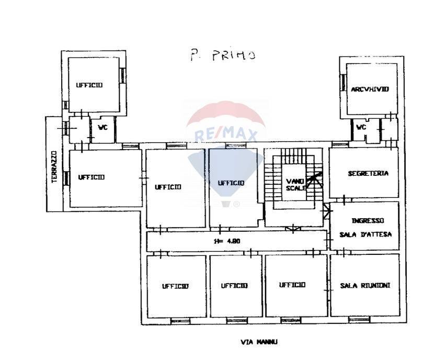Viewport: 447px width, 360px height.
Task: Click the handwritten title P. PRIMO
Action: point(223,55)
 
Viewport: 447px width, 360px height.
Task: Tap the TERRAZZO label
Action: point(54,167)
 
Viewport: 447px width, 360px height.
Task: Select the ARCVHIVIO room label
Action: point(370,89)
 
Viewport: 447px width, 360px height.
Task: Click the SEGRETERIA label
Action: point(368,173)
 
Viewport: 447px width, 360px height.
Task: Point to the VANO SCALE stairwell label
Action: point(296,185)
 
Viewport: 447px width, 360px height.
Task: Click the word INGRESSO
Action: point(368,220)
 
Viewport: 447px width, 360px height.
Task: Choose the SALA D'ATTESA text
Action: point(365,234)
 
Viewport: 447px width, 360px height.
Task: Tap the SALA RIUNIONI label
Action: point(365,285)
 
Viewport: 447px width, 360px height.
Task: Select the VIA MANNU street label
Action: point(259,342)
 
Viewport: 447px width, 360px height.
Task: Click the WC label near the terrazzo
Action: point(103,128)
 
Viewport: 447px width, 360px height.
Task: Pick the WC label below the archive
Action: point(361,127)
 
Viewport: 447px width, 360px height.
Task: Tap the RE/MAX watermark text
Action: point(226,134)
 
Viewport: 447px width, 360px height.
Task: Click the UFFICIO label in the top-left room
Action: point(89,85)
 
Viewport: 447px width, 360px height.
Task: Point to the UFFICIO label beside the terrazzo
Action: point(91,177)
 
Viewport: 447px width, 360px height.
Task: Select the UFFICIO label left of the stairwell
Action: point(231,183)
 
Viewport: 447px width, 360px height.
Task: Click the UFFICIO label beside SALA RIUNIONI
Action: point(292,285)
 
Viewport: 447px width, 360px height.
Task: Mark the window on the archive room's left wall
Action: point(343,83)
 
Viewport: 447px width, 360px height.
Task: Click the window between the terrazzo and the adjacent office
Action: point(66,178)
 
